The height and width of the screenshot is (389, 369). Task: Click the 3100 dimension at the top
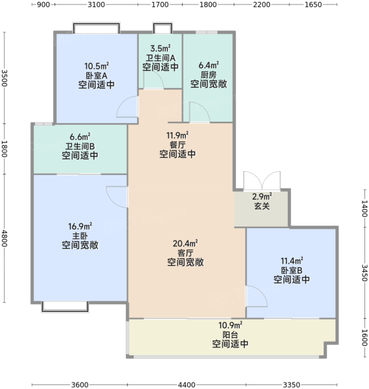click(96, 5)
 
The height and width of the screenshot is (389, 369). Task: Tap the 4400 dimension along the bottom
click(186, 384)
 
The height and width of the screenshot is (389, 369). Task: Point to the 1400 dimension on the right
click(364, 208)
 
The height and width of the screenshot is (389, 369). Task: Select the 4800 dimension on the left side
click(5, 239)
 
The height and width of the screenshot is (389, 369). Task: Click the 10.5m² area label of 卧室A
click(97, 66)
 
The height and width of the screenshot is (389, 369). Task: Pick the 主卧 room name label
click(80, 236)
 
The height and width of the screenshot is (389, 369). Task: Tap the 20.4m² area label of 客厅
click(185, 243)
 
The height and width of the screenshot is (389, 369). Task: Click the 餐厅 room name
click(178, 145)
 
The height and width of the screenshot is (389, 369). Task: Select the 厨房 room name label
click(208, 75)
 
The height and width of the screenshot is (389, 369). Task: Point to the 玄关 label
click(262, 206)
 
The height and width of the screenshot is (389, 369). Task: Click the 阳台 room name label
click(230, 335)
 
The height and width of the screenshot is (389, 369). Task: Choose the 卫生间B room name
click(80, 146)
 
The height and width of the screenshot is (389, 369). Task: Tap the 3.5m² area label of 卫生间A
click(160, 48)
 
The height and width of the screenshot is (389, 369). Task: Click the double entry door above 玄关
click(262, 180)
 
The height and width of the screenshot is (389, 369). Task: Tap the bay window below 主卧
click(65, 307)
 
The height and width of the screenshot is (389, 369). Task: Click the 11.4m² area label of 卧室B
click(292, 261)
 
